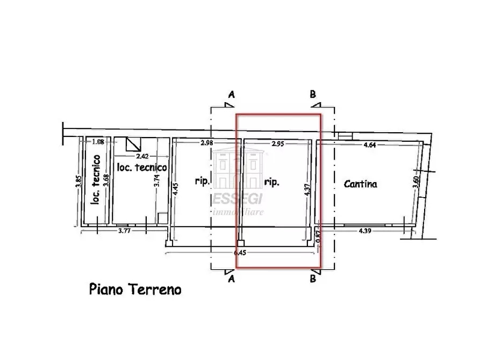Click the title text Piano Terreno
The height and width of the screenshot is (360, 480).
click(x=135, y=290)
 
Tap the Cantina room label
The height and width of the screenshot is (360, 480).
click(x=360, y=184)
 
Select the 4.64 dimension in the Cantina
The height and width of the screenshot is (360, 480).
click(x=369, y=145)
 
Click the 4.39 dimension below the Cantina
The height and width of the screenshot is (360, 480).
click(x=366, y=231)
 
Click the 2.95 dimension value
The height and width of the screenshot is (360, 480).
click(x=277, y=145)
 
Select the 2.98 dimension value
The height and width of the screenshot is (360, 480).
click(x=207, y=143)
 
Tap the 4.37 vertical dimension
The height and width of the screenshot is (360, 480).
click(x=307, y=192)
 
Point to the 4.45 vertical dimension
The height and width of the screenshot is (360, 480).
click(x=175, y=189)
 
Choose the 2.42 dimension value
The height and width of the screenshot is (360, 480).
click(x=142, y=156)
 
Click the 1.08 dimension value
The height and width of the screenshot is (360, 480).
click(x=98, y=142)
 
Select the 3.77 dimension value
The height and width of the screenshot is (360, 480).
click(x=124, y=231)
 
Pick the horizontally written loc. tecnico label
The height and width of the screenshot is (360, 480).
click(x=142, y=167)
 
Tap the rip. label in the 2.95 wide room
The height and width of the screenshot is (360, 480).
click(x=271, y=183)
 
